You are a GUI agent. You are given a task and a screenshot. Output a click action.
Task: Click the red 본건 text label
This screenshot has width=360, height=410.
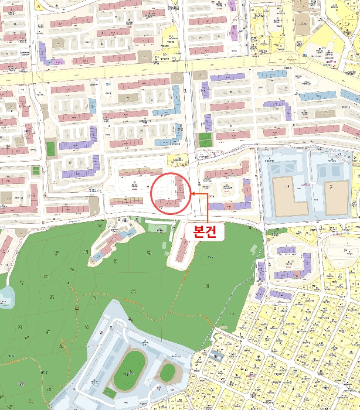pos(205,231)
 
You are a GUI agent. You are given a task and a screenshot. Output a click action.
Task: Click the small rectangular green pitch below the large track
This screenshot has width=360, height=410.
pos(110,392)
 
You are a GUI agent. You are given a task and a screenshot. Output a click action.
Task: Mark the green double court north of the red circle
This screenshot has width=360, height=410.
pos(205,140)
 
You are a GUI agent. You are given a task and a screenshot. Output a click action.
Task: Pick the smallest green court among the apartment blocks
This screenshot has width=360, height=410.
pos(36,170)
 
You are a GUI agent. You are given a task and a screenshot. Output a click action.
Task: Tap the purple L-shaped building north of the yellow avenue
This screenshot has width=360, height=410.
pos(46,53)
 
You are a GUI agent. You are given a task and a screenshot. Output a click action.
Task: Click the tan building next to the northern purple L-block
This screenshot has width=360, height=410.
pos(59,43)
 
